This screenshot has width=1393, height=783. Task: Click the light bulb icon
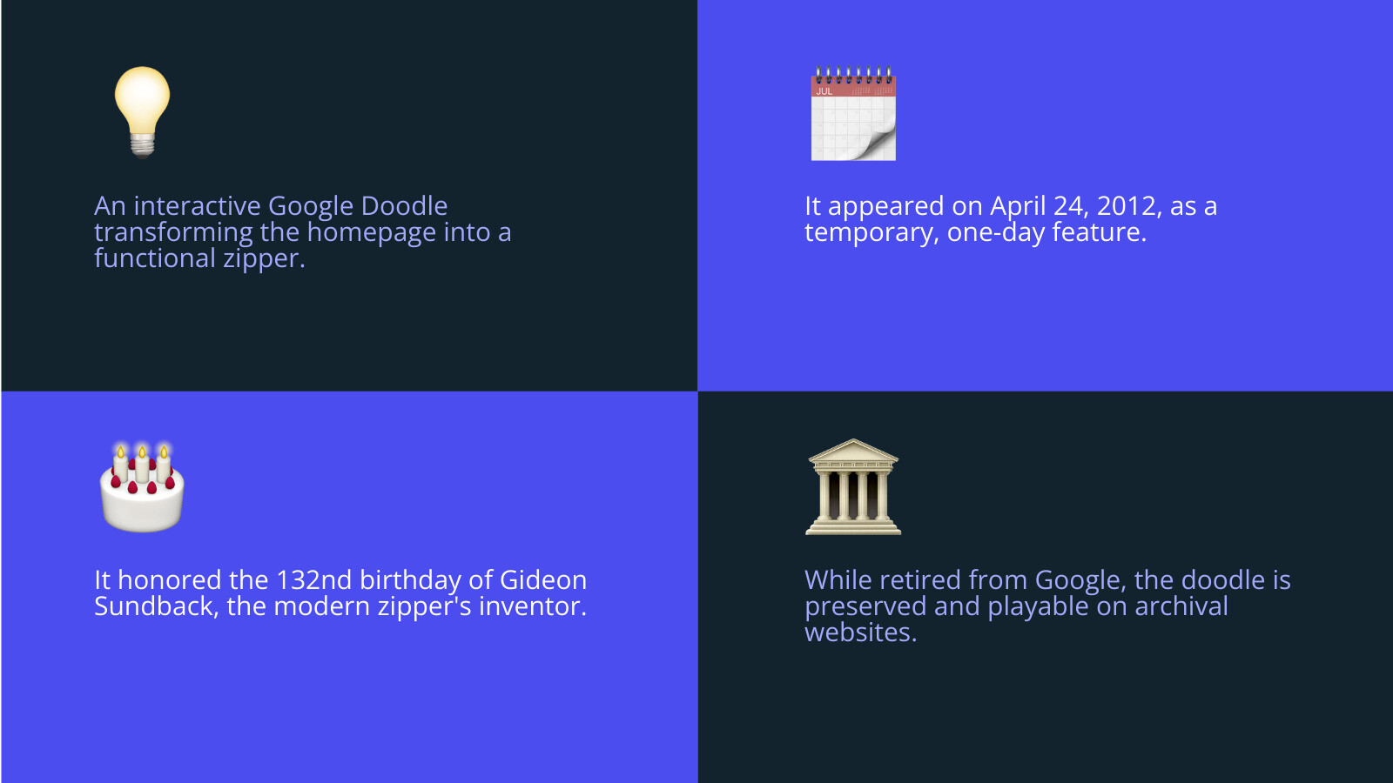tap(143, 112)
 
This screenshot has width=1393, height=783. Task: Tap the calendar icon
tap(853, 113)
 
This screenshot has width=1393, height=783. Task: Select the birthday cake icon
tap(142, 486)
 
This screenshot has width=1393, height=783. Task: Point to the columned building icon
tap(853, 486)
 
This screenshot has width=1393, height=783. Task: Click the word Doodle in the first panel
tap(404, 205)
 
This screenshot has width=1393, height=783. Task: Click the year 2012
tap(1126, 206)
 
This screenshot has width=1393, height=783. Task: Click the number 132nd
tap(313, 580)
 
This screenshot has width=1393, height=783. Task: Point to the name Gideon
tap(543, 580)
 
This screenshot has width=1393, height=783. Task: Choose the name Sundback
tap(153, 606)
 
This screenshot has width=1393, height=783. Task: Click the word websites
tap(858, 632)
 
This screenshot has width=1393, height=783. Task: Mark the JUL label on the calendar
tap(824, 91)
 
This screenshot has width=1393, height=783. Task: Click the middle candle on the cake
tap(143, 465)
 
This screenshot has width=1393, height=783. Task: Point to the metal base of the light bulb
tap(143, 145)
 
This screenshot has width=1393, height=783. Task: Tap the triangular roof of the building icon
tap(853, 450)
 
